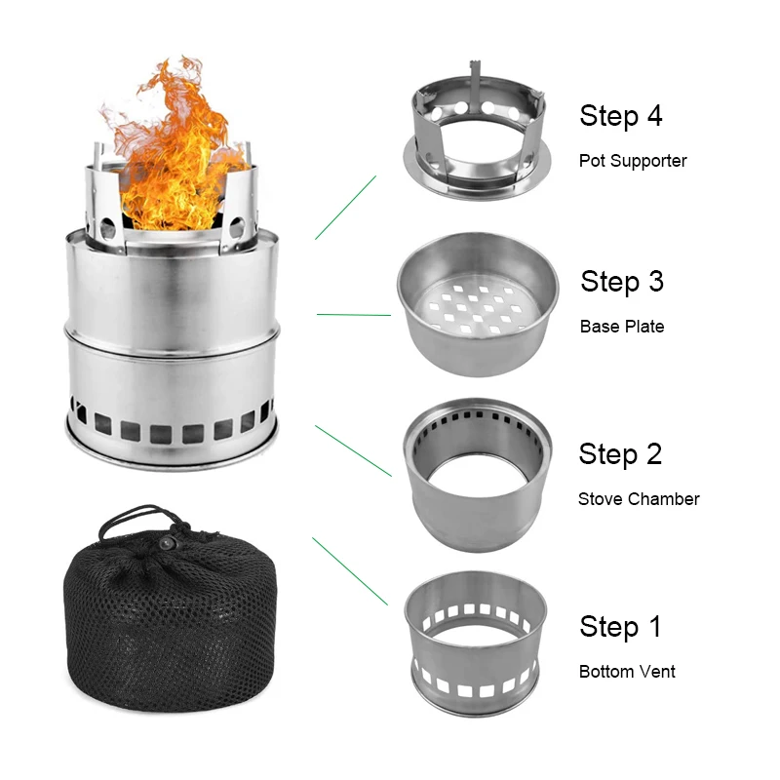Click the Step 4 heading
(x=620, y=116)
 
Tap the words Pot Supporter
(x=632, y=161)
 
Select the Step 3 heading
(x=622, y=282)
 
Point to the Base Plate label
(x=622, y=327)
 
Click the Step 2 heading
(x=620, y=454)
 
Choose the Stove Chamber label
(x=639, y=499)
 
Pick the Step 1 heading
(x=620, y=626)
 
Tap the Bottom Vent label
(x=627, y=672)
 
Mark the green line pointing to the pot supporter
(x=346, y=208)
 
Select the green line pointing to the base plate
(x=354, y=315)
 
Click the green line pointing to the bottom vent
(x=350, y=571)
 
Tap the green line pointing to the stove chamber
(x=353, y=450)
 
